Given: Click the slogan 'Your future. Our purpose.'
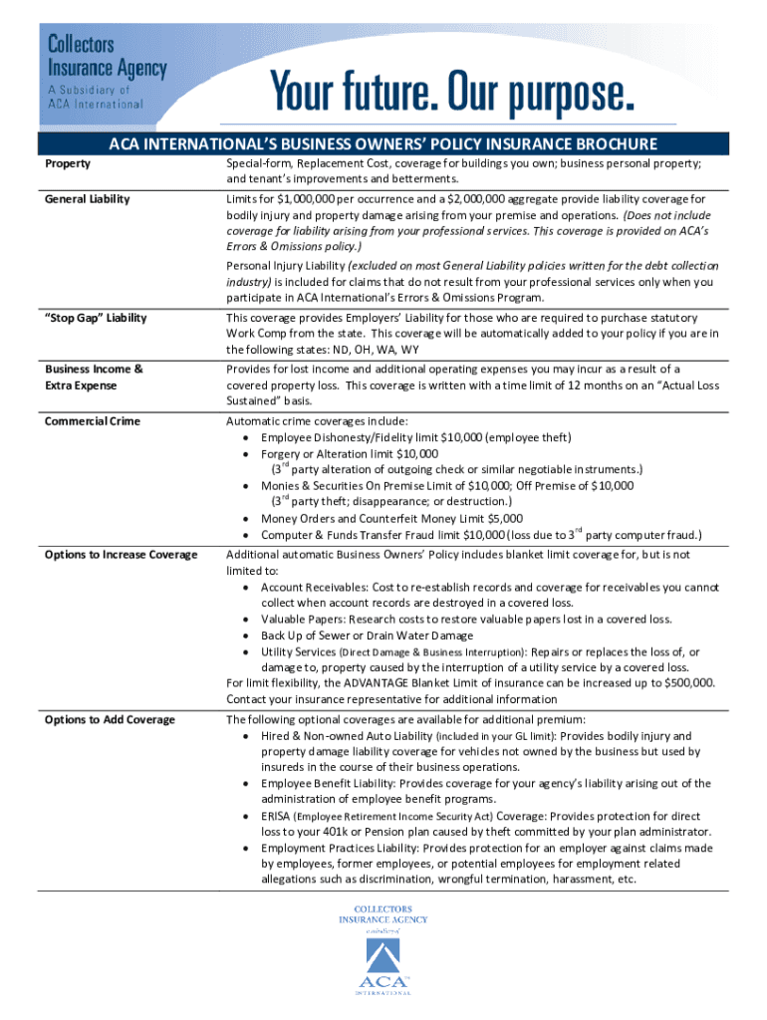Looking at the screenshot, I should pyautogui.click(x=453, y=94).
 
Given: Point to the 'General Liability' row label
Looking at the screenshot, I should pyautogui.click(x=88, y=199).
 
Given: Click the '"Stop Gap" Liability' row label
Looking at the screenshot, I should pyautogui.click(x=96, y=318).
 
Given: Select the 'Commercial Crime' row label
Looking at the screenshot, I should pyautogui.click(x=93, y=421).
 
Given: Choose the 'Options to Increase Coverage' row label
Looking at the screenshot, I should pyautogui.click(x=122, y=555).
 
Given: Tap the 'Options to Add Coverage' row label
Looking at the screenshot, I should pyautogui.click(x=110, y=720).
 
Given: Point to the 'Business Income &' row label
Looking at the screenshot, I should pyautogui.click(x=94, y=370).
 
